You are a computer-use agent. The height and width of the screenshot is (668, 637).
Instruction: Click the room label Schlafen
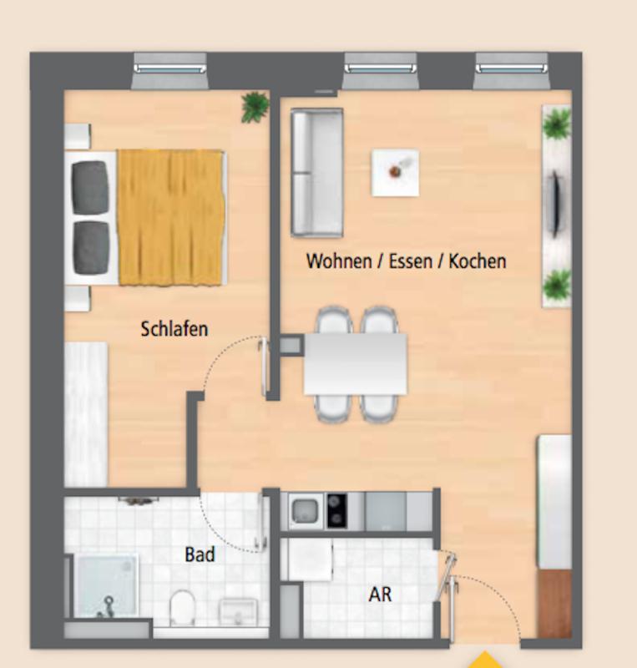tap(174, 329)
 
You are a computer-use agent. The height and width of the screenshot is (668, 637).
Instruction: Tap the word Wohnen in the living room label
tap(339, 261)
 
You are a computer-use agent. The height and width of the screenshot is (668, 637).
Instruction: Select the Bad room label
tap(200, 554)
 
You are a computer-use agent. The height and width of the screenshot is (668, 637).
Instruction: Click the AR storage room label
tap(380, 595)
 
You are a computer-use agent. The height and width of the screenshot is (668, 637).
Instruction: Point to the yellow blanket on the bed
tap(171, 217)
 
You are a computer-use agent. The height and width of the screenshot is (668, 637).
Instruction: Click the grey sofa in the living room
tap(316, 173)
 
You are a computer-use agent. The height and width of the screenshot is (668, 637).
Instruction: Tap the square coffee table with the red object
tap(396, 173)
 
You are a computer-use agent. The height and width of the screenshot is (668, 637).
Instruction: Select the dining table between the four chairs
tap(356, 364)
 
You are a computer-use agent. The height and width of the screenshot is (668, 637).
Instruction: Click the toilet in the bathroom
tap(182, 607)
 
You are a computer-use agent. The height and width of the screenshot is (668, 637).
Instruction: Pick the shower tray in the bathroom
tap(106, 586)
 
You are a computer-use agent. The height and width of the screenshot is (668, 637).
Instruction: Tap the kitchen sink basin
tap(304, 511)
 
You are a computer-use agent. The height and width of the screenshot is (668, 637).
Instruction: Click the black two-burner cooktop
tap(336, 511)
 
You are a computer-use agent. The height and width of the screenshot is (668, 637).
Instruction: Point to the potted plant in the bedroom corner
tap(255, 107)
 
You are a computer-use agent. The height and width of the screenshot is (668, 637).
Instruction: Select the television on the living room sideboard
tap(555, 204)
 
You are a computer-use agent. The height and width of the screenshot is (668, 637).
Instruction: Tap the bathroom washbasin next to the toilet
tap(238, 611)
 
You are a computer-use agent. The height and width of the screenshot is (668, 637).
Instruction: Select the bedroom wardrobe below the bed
tap(86, 414)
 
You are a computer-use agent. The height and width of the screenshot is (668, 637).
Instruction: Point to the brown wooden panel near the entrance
tap(554, 603)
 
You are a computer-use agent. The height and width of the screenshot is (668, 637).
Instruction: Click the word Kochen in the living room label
tap(478, 261)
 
